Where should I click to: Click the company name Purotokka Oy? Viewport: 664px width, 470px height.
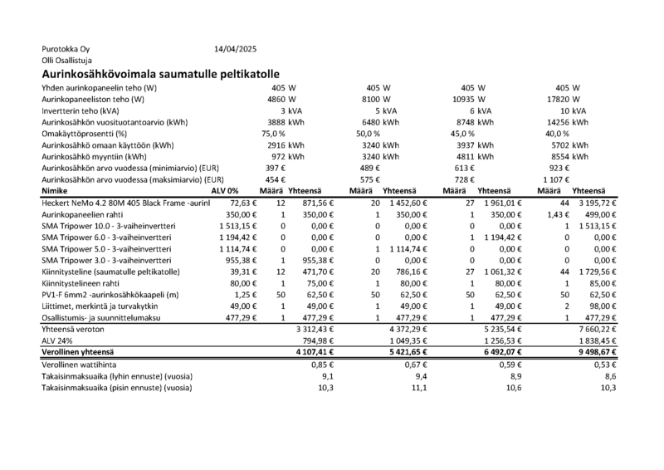tap(65, 49)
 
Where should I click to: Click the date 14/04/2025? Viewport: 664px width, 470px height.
tap(236, 49)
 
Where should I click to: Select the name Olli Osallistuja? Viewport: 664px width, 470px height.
tap(67, 61)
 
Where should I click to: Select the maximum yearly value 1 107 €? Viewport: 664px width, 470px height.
tap(560, 179)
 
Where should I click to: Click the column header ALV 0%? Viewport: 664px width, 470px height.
tap(226, 190)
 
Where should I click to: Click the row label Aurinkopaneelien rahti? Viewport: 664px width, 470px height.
tap(86, 213)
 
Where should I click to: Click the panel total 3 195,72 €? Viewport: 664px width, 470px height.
tap(592, 202)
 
